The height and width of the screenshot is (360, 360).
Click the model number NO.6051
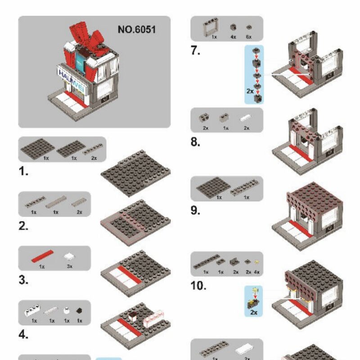point(137,30)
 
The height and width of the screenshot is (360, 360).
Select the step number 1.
point(23,171)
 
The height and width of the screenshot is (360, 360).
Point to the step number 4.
point(23,335)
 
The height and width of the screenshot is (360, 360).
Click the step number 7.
point(195,50)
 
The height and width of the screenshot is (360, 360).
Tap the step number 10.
point(198,286)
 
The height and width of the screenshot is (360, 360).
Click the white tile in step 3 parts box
point(69,257)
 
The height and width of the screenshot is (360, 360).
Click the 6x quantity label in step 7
point(248,37)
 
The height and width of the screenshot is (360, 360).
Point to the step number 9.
point(195,210)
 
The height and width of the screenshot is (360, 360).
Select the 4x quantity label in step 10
point(256,272)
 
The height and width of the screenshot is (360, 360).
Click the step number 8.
point(195,142)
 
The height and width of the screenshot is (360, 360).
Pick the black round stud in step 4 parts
point(80,311)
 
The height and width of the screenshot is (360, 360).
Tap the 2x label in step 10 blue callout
point(253,312)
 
